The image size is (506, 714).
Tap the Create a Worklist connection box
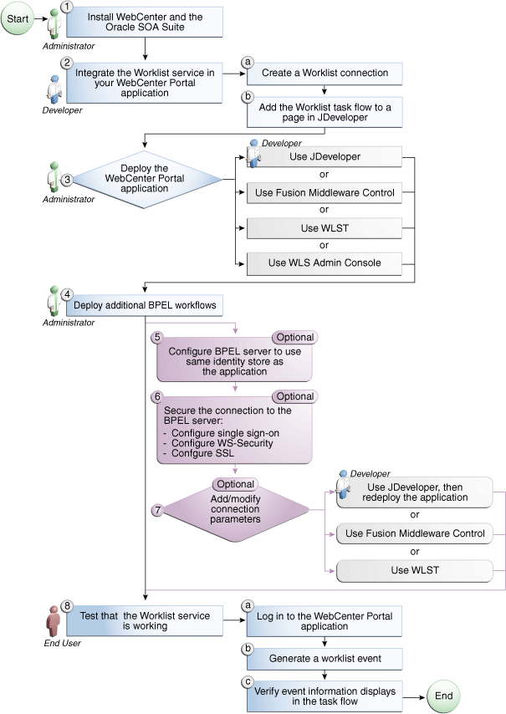[x=323, y=73]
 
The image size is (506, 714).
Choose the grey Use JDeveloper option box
[x=323, y=156]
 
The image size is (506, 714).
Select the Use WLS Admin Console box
[x=323, y=263]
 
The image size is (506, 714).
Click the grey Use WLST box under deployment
[x=323, y=227]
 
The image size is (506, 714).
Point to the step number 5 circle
[x=156, y=338]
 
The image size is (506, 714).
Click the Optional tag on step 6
[x=294, y=396]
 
